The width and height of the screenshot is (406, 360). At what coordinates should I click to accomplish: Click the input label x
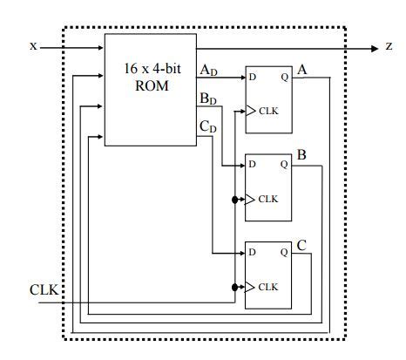pyautogui.click(x=32, y=45)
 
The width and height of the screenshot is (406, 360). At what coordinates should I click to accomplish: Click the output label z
pyautogui.click(x=389, y=45)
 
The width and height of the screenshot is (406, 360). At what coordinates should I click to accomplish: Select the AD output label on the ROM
pyautogui.click(x=209, y=68)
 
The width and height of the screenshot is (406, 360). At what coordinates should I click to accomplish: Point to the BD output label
pyautogui.click(x=209, y=98)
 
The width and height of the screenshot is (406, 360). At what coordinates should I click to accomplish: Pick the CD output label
pyautogui.click(x=209, y=127)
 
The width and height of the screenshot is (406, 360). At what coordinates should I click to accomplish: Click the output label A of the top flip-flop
pyautogui.click(x=301, y=68)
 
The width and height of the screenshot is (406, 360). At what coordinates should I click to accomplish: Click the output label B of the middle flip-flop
pyautogui.click(x=301, y=155)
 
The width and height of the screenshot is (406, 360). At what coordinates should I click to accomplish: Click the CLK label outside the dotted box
pyautogui.click(x=44, y=289)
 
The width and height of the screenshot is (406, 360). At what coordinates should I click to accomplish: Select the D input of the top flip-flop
pyautogui.click(x=253, y=77)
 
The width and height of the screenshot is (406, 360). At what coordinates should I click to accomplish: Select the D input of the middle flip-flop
pyautogui.click(x=253, y=164)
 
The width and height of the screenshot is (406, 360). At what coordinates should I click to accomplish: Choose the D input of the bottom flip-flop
pyautogui.click(x=253, y=252)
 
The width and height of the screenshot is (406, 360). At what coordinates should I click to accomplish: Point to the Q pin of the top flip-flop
pyautogui.click(x=284, y=77)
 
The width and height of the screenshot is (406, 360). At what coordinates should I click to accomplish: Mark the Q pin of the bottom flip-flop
pyautogui.click(x=284, y=252)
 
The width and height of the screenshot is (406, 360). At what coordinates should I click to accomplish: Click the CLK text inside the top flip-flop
pyautogui.click(x=267, y=112)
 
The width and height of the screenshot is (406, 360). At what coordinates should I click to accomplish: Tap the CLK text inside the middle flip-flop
pyautogui.click(x=267, y=199)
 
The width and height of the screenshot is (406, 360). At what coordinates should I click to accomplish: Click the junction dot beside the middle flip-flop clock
pyautogui.click(x=235, y=199)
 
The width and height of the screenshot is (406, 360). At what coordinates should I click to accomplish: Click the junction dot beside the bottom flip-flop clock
pyautogui.click(x=235, y=286)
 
